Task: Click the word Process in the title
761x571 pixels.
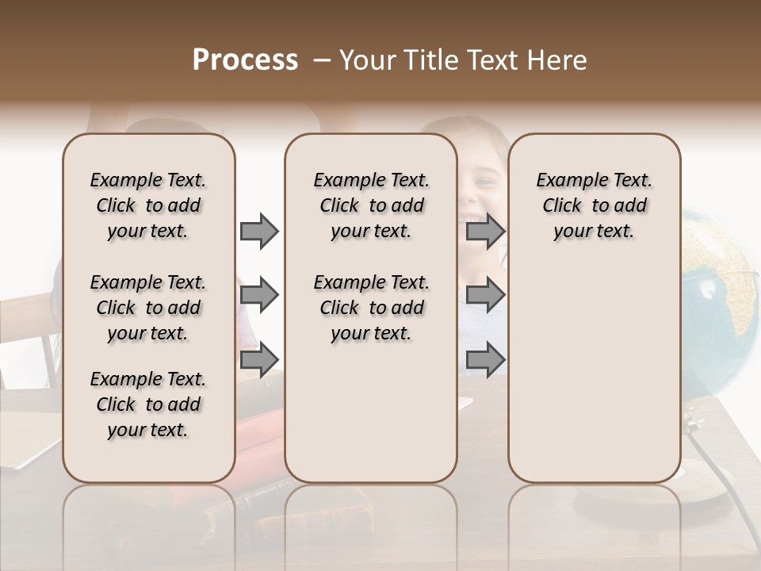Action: [x=245, y=60]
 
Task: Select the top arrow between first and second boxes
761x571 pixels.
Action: [x=259, y=232]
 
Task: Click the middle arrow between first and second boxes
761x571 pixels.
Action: [x=259, y=296]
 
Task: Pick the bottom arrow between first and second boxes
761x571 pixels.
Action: [x=259, y=359]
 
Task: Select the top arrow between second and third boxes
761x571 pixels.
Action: [x=485, y=232]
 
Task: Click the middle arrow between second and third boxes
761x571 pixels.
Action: [x=485, y=296]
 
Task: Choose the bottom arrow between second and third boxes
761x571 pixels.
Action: [x=485, y=359]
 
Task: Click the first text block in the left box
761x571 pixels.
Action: [x=148, y=205]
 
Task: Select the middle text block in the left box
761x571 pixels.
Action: [x=148, y=308]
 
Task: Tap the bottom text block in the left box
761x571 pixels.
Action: [x=148, y=404]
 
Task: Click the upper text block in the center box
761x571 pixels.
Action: [x=371, y=205]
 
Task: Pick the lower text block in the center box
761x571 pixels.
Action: [x=371, y=308]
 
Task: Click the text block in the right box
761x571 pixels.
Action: [x=594, y=205]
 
